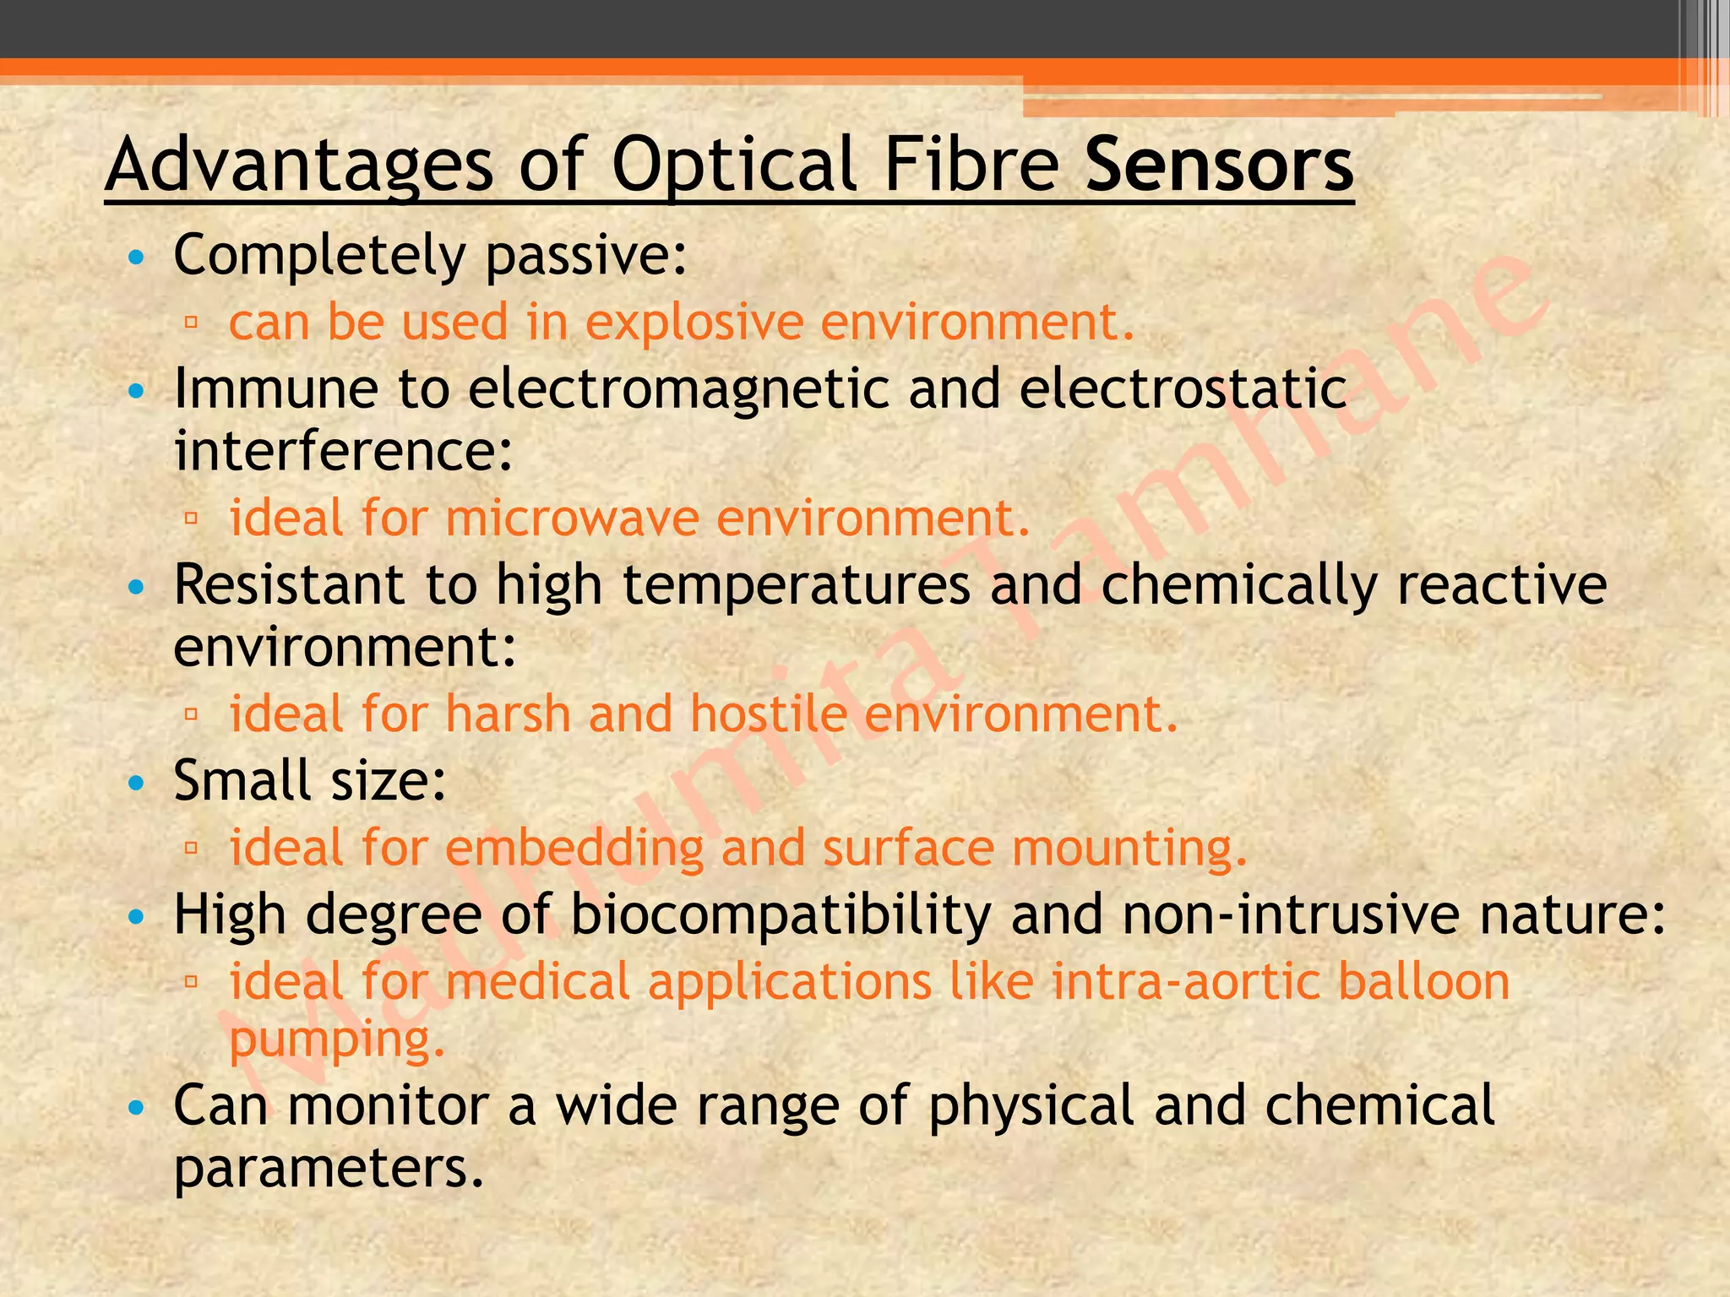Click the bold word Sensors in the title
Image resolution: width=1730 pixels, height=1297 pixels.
[1219, 165]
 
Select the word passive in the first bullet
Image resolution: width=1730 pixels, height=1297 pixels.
[586, 255]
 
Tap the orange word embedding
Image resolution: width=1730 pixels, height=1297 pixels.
[574, 848]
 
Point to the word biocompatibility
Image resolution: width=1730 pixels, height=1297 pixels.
[781, 914]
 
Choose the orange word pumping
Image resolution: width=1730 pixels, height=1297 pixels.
[336, 1040]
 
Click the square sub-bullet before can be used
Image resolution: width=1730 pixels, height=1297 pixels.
[191, 322]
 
